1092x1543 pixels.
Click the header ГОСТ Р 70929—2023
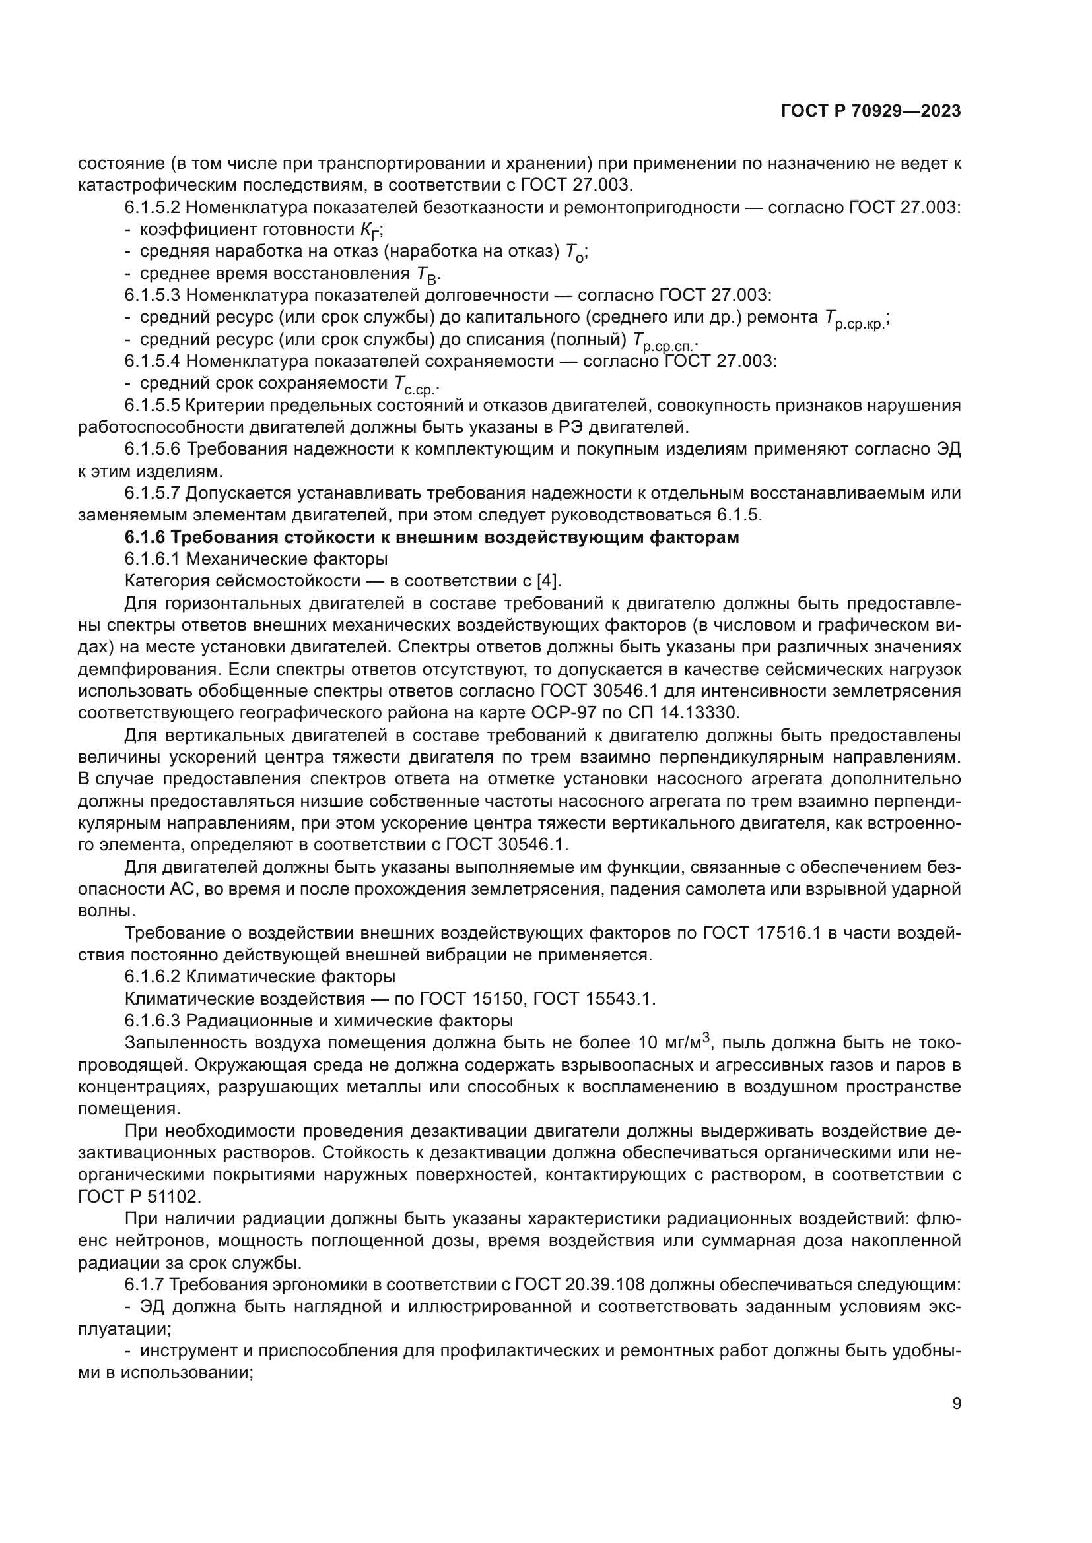click(x=870, y=111)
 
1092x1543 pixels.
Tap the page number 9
click(x=957, y=1404)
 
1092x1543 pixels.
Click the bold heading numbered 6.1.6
click(x=432, y=538)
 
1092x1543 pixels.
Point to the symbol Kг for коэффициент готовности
click(x=369, y=230)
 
